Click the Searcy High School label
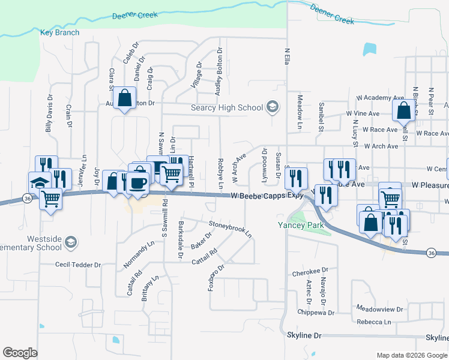(226, 107)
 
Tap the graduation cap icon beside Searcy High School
(272, 107)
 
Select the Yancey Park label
(300, 226)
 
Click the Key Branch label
(59, 32)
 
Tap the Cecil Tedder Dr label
(78, 265)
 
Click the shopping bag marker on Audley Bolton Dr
(124, 98)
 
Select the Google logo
(20, 353)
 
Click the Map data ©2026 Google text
(411, 355)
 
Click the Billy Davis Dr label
(49, 113)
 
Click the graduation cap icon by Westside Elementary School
(71, 242)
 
